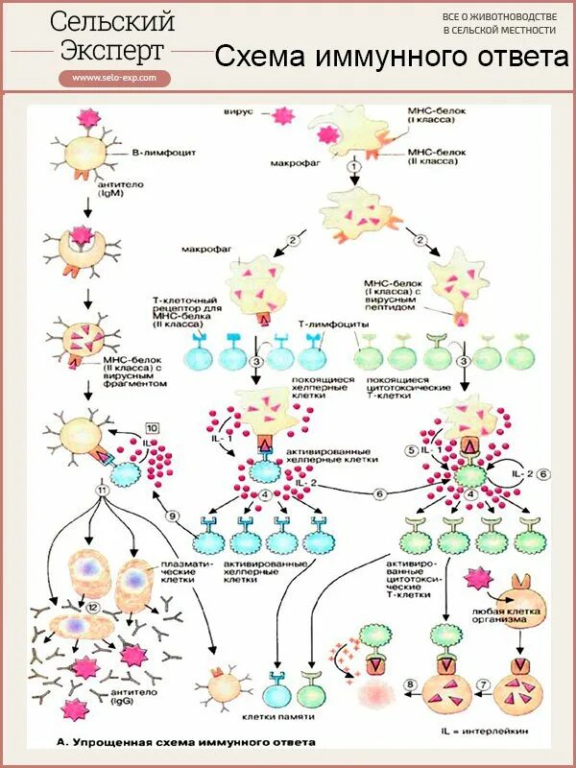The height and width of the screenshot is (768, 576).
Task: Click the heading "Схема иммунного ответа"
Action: coord(391,57)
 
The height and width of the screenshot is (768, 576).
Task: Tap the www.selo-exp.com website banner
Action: coord(114,78)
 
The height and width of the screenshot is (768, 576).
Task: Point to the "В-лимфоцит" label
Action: coord(159,152)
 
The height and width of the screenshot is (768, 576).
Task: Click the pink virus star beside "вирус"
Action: coord(282,115)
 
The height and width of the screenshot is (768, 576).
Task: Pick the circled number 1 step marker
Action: coord(353,167)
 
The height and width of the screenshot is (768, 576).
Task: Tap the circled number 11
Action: coord(102,490)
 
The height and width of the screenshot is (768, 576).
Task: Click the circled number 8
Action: coord(410,684)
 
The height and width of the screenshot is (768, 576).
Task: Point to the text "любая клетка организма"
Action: coord(499,614)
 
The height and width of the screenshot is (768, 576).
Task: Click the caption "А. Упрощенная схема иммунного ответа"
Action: coord(186,742)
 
